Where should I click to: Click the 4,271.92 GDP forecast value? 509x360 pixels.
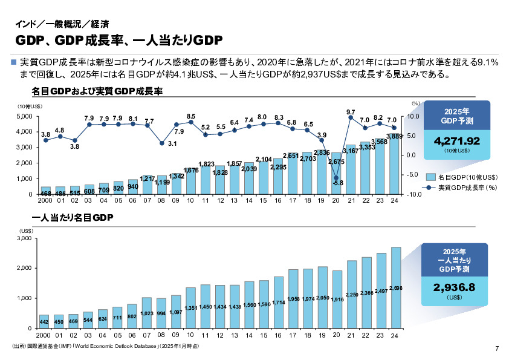pyautogui.click(x=457, y=140)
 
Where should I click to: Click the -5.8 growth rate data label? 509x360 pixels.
pyautogui.click(x=338, y=183)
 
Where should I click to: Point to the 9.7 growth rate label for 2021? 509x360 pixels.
pyautogui.click(x=351, y=112)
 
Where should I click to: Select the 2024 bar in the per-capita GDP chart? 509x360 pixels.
pyautogui.click(x=396, y=287)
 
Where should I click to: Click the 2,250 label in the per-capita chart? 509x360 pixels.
pyautogui.click(x=352, y=294)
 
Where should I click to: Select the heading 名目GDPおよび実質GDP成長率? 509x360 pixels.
pyautogui.click(x=97, y=92)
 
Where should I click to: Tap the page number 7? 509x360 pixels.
pyautogui.click(x=496, y=348)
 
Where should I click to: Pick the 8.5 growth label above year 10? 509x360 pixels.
pyautogui.click(x=191, y=116)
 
